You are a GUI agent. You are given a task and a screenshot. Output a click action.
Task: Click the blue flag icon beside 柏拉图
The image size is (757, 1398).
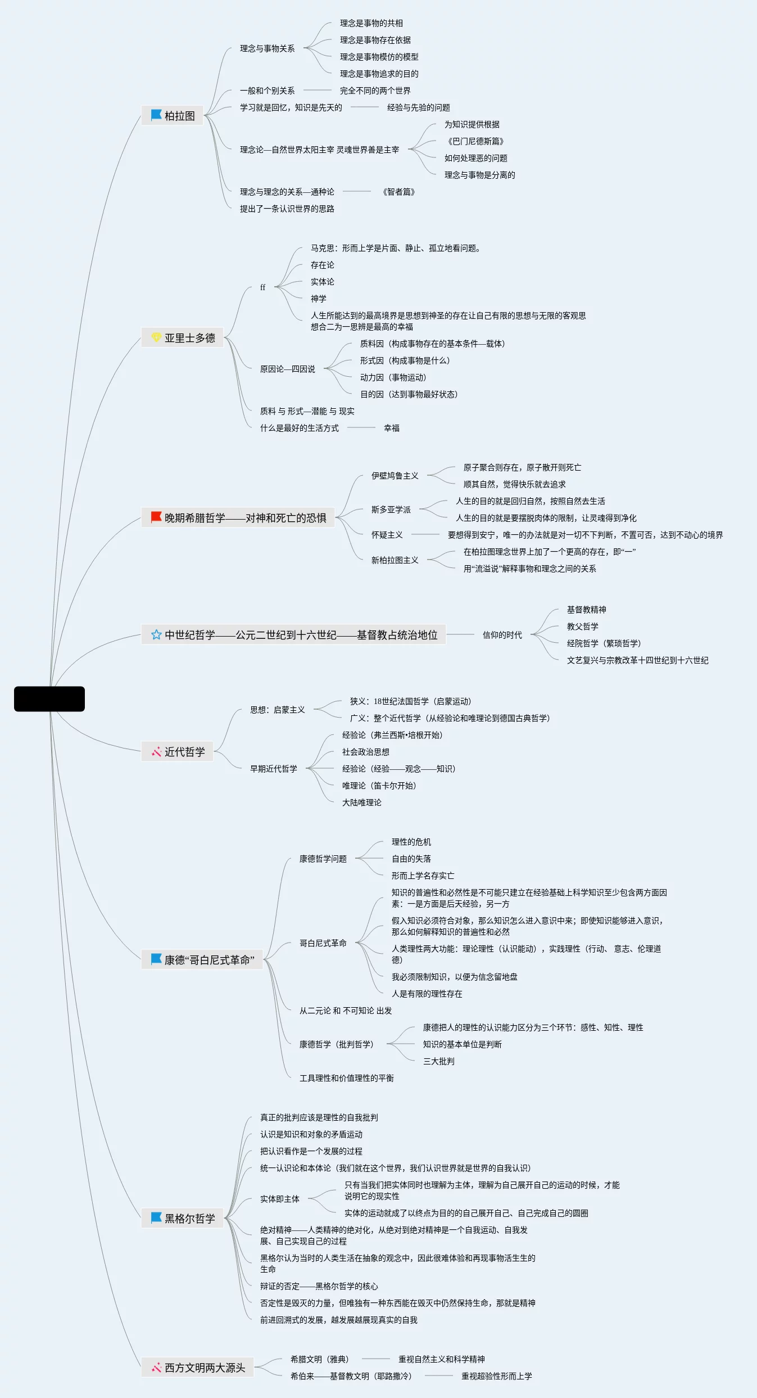tap(156, 115)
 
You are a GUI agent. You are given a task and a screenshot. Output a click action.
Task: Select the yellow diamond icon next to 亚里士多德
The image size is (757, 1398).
tap(156, 337)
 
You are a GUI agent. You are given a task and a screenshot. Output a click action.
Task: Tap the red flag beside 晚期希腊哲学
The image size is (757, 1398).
tap(156, 517)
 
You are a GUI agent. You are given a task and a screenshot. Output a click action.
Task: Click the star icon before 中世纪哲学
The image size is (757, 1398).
tap(156, 634)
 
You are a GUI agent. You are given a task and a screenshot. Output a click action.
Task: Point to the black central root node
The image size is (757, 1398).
tap(49, 699)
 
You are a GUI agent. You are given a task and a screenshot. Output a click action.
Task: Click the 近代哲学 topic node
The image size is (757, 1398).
tap(178, 752)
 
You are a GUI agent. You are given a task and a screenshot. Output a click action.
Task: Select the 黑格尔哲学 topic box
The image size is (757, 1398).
tap(183, 1219)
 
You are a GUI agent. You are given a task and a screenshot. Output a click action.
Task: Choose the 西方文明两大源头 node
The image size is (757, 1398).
tap(197, 1368)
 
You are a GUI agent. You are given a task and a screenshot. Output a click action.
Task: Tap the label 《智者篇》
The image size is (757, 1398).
tap(399, 192)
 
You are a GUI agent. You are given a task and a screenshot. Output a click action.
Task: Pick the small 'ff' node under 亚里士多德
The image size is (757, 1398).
tap(262, 287)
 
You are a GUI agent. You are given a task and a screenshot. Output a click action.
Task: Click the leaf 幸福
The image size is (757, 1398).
tap(392, 428)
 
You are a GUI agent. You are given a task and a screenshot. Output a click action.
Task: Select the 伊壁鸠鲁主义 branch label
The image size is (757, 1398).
tap(395, 476)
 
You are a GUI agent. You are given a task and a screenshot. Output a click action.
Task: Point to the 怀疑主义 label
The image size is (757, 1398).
tap(387, 535)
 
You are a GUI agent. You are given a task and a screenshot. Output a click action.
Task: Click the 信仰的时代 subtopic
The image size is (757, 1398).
tap(502, 635)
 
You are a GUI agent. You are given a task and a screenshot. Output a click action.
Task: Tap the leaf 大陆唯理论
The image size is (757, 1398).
tap(361, 802)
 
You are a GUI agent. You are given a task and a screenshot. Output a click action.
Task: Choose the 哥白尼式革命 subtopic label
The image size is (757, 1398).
tap(323, 943)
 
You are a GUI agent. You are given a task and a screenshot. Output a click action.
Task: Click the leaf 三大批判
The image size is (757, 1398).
tap(438, 1061)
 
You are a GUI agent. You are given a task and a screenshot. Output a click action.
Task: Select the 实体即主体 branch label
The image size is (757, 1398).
tap(279, 1199)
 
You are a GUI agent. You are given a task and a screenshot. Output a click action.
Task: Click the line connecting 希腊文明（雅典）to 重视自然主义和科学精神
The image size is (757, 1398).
tap(375, 1359)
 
